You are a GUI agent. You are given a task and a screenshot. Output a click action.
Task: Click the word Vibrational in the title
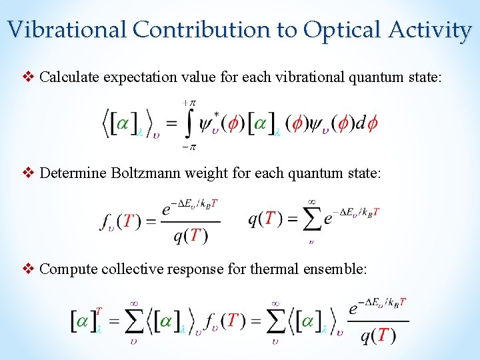(67, 30)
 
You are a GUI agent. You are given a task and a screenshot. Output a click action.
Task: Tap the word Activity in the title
(432, 30)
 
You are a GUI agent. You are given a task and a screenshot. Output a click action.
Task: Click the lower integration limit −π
(189, 147)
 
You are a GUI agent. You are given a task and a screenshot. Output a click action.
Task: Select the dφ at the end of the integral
(366, 124)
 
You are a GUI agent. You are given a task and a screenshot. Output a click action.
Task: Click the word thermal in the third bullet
(294, 269)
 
